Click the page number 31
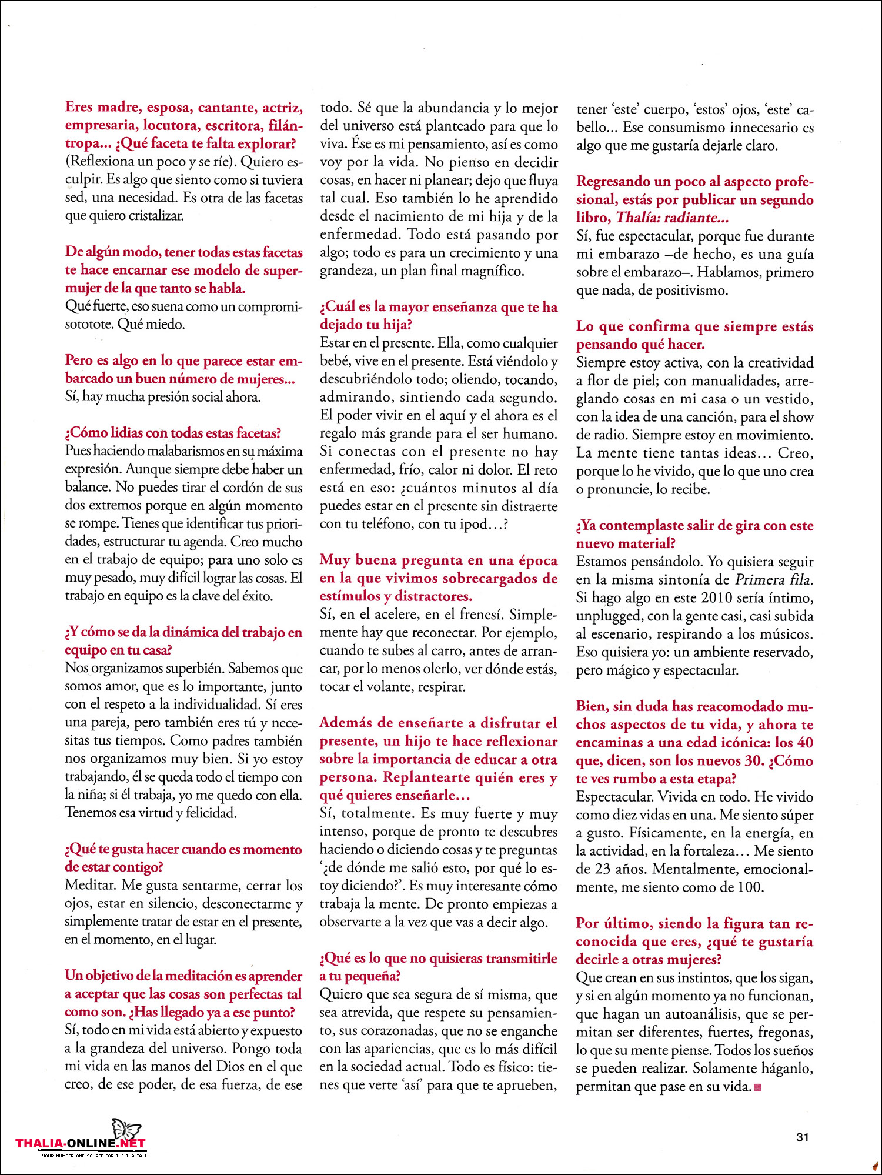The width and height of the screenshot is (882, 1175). [x=803, y=1137]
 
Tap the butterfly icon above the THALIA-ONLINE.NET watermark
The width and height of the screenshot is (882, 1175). [x=126, y=1130]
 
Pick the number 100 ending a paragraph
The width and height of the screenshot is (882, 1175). [x=750, y=887]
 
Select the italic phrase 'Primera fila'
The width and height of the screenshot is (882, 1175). [x=774, y=580]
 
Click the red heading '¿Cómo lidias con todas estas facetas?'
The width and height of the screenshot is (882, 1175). [x=173, y=433]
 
